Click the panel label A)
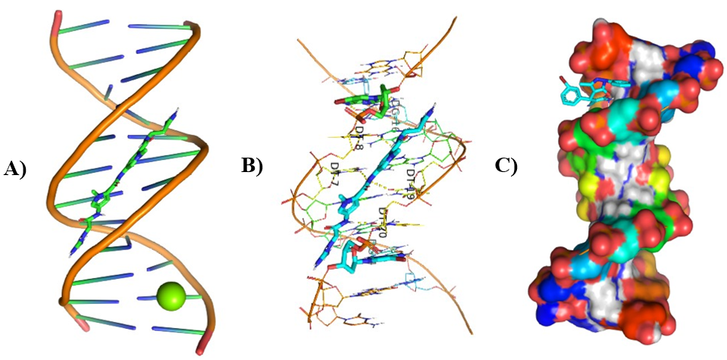click(x=16, y=168)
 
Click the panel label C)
click(x=506, y=165)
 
